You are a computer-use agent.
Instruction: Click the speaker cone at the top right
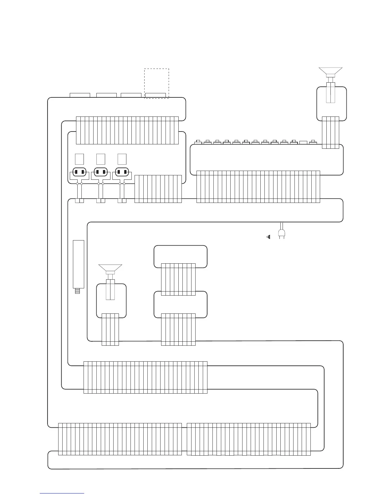(x=330, y=71)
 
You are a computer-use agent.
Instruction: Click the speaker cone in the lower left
(x=110, y=268)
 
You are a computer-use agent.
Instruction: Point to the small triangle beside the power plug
(x=268, y=237)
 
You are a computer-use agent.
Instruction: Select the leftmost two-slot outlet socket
(x=79, y=172)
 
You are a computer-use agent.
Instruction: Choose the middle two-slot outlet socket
(x=101, y=172)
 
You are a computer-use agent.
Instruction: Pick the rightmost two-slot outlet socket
(x=122, y=172)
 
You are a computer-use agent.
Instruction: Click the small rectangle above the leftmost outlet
(x=79, y=159)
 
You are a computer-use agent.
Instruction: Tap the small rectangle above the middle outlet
(x=101, y=159)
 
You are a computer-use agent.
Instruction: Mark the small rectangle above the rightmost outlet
(x=122, y=159)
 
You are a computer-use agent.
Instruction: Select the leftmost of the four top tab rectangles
(x=80, y=95)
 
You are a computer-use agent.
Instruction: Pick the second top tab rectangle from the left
(x=106, y=95)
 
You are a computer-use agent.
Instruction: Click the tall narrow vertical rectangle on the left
(x=78, y=264)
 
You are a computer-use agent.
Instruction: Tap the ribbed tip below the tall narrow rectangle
(x=78, y=291)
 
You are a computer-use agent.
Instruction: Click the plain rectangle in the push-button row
(x=303, y=142)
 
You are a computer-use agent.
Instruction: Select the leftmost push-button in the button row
(x=198, y=142)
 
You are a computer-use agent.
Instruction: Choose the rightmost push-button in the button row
(x=313, y=142)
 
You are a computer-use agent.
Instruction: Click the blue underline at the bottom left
(x=62, y=493)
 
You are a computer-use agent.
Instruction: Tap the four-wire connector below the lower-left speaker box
(x=110, y=329)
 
